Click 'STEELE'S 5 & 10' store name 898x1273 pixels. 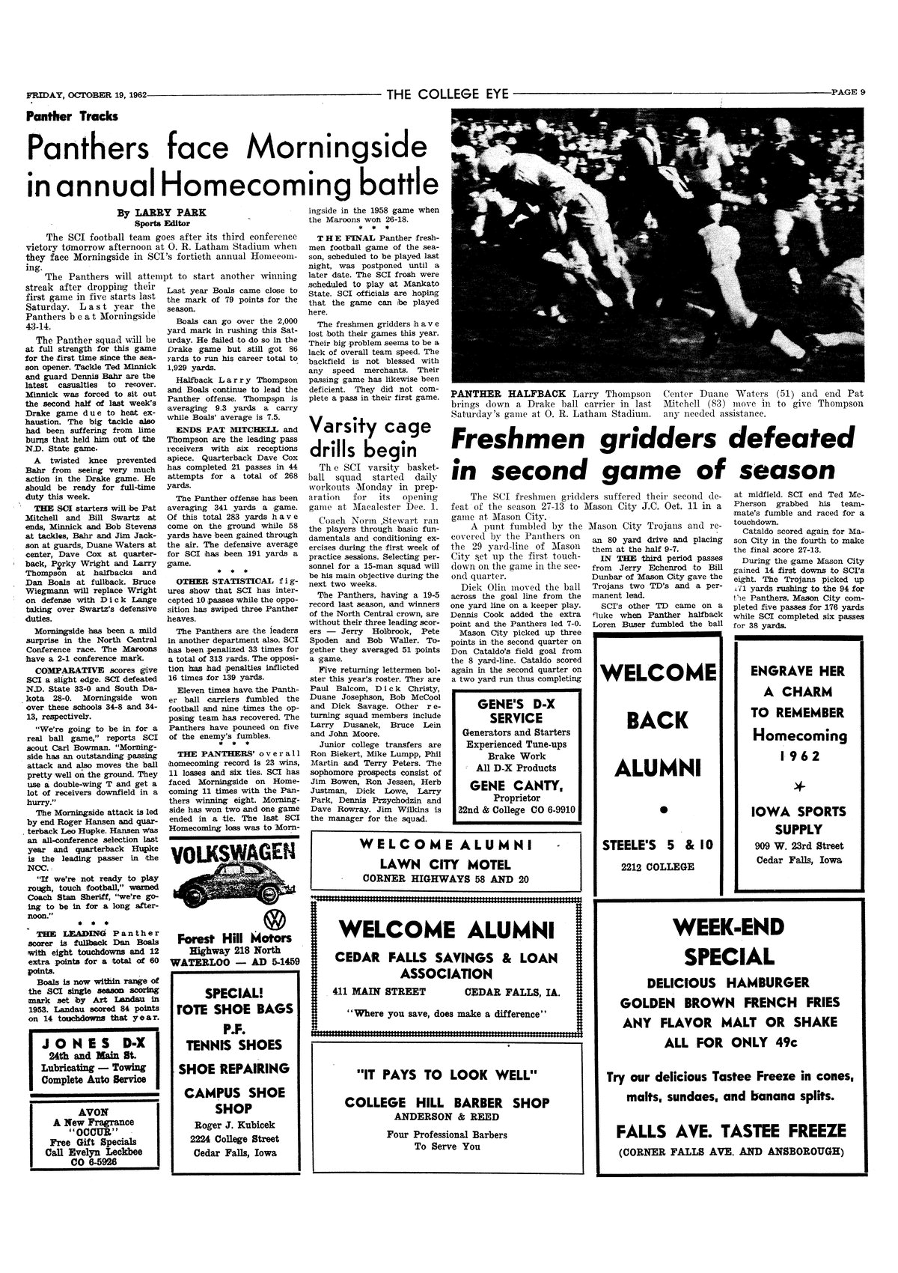coord(658,845)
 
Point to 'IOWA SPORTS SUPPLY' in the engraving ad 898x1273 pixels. coord(798,821)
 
